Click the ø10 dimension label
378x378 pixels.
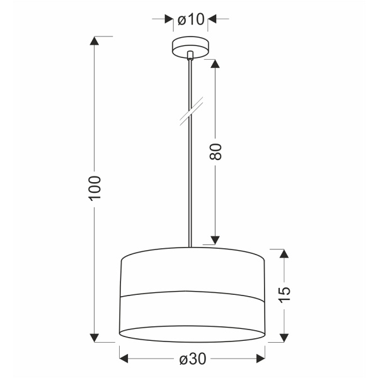tap(192, 20)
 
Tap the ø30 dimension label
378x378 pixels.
tap(192, 359)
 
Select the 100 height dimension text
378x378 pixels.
tap(94, 187)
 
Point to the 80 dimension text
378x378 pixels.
tap(216, 152)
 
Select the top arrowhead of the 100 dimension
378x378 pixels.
tap(94, 42)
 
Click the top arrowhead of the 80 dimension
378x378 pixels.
tap(215, 64)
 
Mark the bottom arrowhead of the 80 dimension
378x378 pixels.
tap(215, 240)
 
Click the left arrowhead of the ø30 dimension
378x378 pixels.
tap(123, 359)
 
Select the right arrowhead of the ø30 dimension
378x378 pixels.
tap(261, 359)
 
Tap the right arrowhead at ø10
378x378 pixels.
tap(213, 20)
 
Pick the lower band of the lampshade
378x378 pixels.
tap(192, 312)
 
